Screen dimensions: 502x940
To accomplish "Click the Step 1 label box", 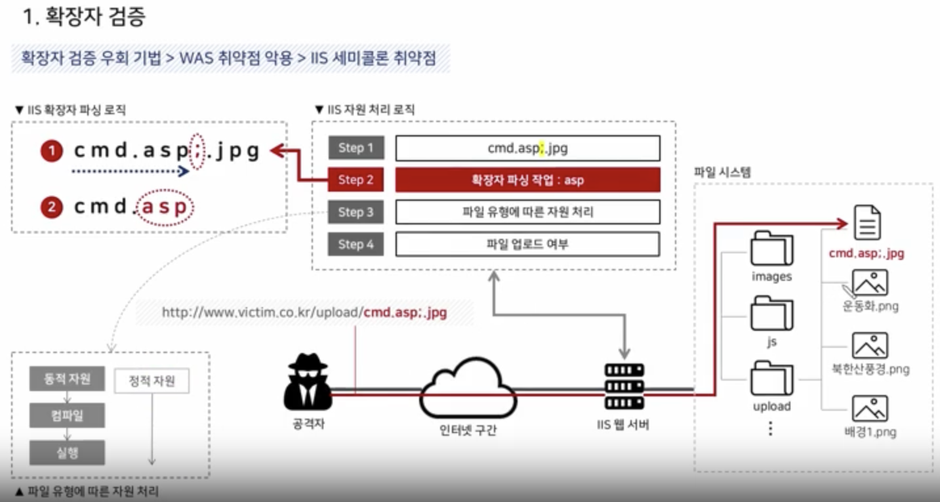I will [356, 148].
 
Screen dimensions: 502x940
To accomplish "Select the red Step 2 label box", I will [356, 180].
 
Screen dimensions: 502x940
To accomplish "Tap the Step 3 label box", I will [356, 212].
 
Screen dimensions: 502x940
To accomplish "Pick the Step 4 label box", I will [356, 244].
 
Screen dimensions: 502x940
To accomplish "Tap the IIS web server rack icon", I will [623, 387].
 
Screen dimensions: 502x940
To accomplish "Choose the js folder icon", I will [771, 314].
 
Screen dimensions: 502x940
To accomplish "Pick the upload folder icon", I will [771, 377].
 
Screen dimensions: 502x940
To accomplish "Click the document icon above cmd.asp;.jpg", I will [867, 222].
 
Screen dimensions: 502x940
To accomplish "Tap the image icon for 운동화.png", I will [870, 283].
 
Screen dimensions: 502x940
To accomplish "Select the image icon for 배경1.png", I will [870, 408].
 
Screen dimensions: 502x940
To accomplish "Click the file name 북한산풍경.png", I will [870, 369].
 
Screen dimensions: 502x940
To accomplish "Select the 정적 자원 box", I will [152, 381].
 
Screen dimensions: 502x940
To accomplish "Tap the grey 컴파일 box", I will [67, 415].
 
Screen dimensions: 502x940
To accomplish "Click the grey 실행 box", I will [67, 453].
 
